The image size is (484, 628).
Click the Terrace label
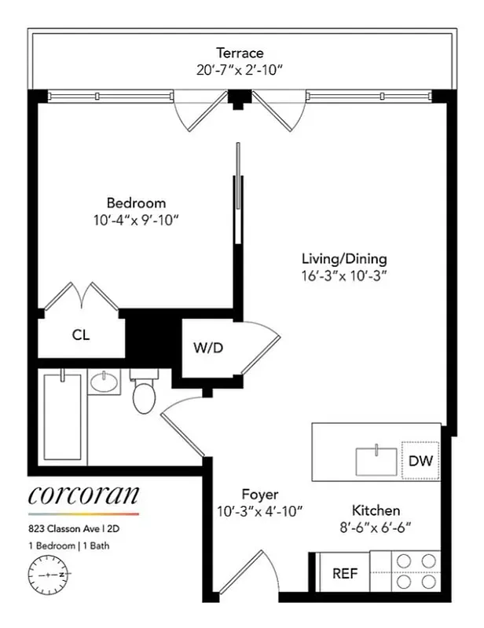click(240, 53)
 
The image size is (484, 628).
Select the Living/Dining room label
click(344, 258)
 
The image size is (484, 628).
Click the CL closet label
click(81, 334)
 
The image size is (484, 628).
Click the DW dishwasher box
click(420, 461)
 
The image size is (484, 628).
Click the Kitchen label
click(376, 510)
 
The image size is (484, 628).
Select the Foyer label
click(260, 495)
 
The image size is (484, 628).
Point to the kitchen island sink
click(377, 461)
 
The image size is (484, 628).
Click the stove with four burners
click(415, 571)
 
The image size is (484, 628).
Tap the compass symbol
click(49, 575)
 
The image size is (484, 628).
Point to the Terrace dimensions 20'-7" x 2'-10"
click(240, 70)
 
